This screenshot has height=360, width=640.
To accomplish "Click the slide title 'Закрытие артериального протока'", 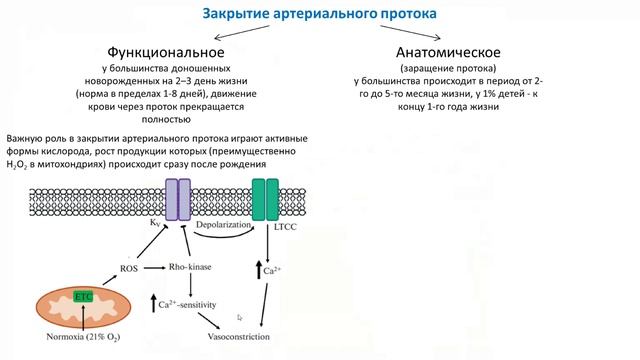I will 319,14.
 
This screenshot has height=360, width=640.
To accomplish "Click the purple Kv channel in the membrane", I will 177,199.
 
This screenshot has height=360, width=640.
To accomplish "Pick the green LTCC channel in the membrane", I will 266,199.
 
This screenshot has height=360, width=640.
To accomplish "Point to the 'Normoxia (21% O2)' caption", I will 84,337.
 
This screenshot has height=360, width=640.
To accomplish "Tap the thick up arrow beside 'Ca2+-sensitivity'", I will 152,302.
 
